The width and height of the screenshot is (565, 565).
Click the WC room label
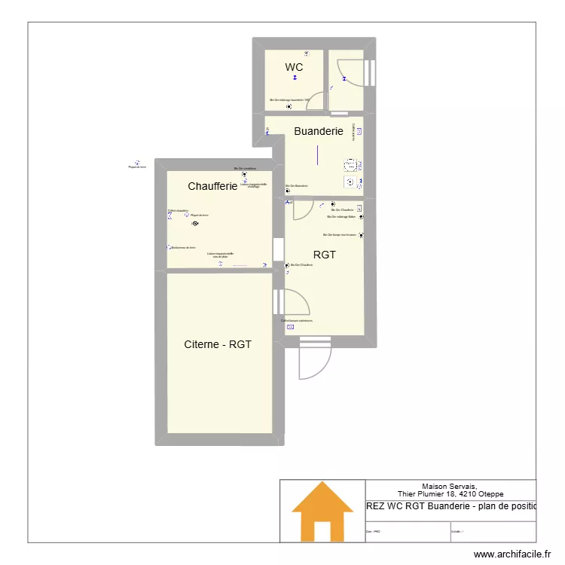point(294,68)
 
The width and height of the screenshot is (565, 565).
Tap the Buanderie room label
point(319,131)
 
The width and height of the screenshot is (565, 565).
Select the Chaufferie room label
point(212,186)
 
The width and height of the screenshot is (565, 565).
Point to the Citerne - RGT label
point(218,344)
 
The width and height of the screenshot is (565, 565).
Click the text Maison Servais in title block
point(450,487)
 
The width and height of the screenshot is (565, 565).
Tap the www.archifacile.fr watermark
point(513,554)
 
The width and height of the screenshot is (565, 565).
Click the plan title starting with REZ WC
point(450,506)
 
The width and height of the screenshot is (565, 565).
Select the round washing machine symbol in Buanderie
point(350,165)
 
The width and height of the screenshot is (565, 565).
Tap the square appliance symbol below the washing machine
point(350,182)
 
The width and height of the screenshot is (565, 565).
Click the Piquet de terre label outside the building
point(136,167)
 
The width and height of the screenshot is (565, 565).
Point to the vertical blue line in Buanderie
point(319,155)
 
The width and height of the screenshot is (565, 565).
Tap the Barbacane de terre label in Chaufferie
point(183,247)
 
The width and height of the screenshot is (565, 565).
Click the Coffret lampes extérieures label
point(297,321)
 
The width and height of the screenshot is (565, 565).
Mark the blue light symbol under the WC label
point(295,77)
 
